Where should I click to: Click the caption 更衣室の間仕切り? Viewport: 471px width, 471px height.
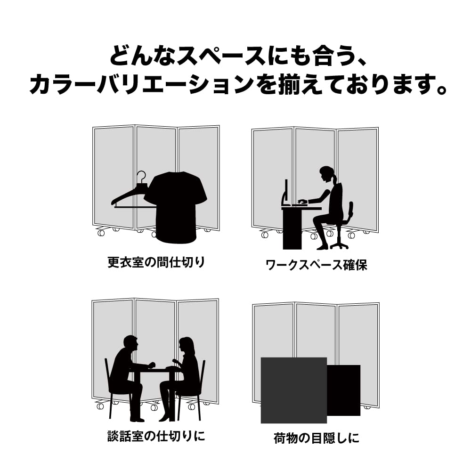[x=156, y=262]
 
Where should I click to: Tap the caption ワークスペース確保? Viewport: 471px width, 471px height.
[x=317, y=265]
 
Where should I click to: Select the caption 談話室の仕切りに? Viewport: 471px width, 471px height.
[x=156, y=436]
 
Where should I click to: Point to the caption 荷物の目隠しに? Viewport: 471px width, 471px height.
[x=317, y=438]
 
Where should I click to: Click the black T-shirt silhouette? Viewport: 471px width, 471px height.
[x=176, y=207]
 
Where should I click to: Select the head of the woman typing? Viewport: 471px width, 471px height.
[x=326, y=174]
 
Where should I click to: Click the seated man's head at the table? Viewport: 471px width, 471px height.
[x=130, y=344]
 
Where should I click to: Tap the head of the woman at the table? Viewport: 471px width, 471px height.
[x=186, y=345]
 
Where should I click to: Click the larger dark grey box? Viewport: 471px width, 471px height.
[x=293, y=390]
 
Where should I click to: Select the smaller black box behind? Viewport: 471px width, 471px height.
[x=344, y=390]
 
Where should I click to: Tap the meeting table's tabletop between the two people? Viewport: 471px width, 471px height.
[x=158, y=370]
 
